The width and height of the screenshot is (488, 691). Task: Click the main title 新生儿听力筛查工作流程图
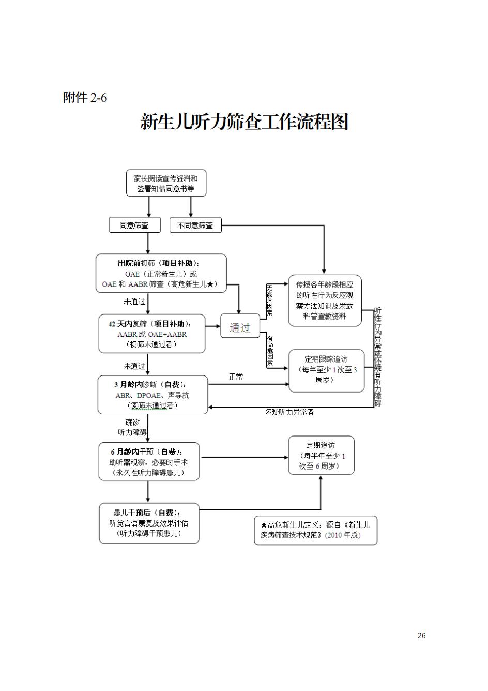click(x=244, y=122)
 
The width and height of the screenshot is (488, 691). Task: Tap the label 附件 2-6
click(x=85, y=97)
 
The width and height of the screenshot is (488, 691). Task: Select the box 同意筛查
click(x=134, y=225)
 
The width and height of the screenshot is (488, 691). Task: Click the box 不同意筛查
click(x=195, y=225)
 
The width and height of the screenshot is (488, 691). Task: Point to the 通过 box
click(x=240, y=326)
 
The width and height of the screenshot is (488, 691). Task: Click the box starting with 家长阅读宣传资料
click(x=166, y=183)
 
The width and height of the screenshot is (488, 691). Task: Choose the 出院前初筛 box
click(x=161, y=274)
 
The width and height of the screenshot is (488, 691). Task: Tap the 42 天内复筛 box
click(x=151, y=334)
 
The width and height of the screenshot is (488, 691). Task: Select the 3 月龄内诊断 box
click(x=152, y=395)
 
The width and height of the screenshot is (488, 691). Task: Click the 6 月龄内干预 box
click(x=149, y=462)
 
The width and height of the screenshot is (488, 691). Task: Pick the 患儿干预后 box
click(x=149, y=523)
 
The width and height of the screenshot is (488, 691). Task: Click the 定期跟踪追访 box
click(x=326, y=370)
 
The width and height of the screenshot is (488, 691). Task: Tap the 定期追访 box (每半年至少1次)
click(x=321, y=456)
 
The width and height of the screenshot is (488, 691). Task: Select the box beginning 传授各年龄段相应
click(x=325, y=301)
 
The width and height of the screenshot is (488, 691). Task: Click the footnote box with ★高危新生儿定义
click(x=315, y=530)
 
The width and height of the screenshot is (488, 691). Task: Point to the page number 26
click(x=421, y=636)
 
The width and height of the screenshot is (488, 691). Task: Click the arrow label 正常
click(x=236, y=377)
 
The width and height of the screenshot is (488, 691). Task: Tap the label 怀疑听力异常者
click(x=289, y=412)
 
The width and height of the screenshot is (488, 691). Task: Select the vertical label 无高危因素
click(x=269, y=300)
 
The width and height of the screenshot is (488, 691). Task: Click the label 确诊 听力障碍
click(x=132, y=427)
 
